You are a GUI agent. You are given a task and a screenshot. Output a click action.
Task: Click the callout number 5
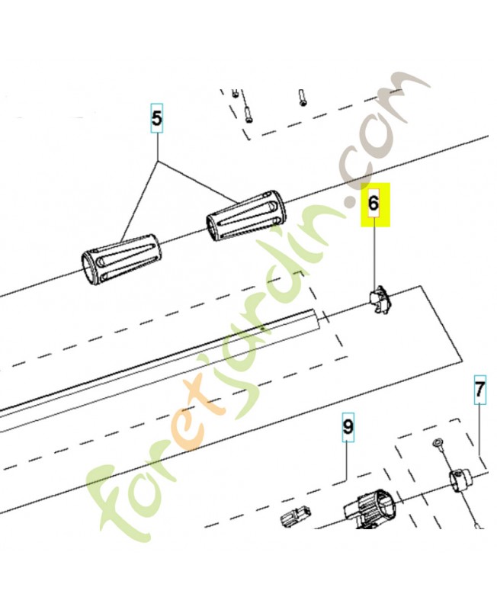click(157, 118)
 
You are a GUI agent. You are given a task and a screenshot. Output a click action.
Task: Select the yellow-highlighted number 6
click(374, 204)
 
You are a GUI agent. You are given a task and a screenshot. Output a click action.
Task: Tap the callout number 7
click(480, 390)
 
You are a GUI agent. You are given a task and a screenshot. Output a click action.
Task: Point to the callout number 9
click(348, 427)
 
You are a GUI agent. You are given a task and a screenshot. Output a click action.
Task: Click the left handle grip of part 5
click(121, 260)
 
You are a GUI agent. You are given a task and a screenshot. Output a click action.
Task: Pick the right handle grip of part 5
click(246, 215)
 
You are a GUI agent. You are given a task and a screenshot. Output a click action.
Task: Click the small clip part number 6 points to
click(380, 299)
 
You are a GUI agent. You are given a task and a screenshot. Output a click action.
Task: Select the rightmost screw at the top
click(303, 98)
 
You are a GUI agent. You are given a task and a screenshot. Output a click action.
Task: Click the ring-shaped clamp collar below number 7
click(460, 482)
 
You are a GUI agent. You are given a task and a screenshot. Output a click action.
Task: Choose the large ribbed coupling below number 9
click(370, 509)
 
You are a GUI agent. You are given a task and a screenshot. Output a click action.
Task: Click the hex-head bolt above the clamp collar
click(438, 443)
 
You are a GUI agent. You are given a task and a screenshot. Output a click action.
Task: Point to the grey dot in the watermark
click(352, 201)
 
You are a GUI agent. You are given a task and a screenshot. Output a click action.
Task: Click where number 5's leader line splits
click(157, 160)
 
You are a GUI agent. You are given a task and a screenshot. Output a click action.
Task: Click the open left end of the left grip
click(88, 268)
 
